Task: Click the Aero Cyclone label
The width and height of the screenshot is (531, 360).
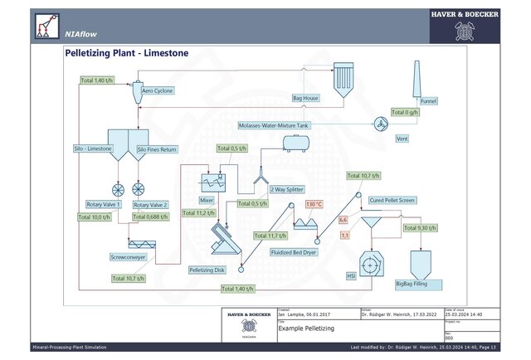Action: click(157, 91)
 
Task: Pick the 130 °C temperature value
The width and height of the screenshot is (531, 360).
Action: click(314, 203)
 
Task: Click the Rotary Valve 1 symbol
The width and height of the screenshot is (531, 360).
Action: click(117, 188)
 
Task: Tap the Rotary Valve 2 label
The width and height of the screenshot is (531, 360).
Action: click(150, 204)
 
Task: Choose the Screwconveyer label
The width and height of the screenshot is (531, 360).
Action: click(128, 257)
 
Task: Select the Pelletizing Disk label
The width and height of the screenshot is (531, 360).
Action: click(207, 270)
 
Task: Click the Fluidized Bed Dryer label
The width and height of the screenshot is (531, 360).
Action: click(292, 251)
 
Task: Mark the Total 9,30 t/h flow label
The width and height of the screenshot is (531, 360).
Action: click(420, 228)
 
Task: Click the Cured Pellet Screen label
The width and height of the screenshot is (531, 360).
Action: click(393, 200)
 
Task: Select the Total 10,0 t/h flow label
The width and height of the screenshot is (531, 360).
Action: click(95, 217)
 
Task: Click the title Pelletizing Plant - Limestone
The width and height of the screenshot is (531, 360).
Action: click(126, 53)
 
